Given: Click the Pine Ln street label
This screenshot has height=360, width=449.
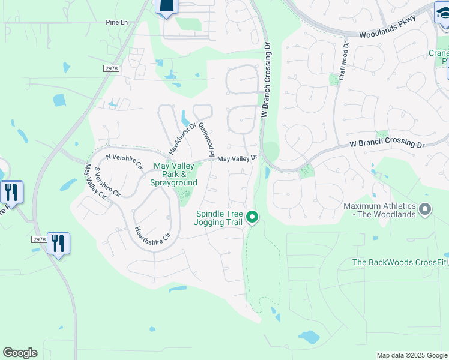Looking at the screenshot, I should pos(116,22).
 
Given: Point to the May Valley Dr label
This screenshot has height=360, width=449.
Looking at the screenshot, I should pos(237,158).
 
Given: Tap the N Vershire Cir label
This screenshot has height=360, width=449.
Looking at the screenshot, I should pos(124,160).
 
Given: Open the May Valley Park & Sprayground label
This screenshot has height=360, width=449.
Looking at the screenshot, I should pos(175,174).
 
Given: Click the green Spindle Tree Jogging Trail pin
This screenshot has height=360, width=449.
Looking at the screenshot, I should pos(253,217).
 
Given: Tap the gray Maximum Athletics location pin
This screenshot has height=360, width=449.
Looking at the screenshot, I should pos(425,209).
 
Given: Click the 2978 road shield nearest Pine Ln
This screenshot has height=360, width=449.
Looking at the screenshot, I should pos(112,68).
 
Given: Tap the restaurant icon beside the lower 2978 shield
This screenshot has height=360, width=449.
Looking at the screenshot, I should pos(58,244).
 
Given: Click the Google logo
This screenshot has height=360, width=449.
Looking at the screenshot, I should pos(20,353).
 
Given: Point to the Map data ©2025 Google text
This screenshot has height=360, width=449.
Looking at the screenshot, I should pos(412,355).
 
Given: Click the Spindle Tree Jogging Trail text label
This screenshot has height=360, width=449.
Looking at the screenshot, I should pos(218,218).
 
